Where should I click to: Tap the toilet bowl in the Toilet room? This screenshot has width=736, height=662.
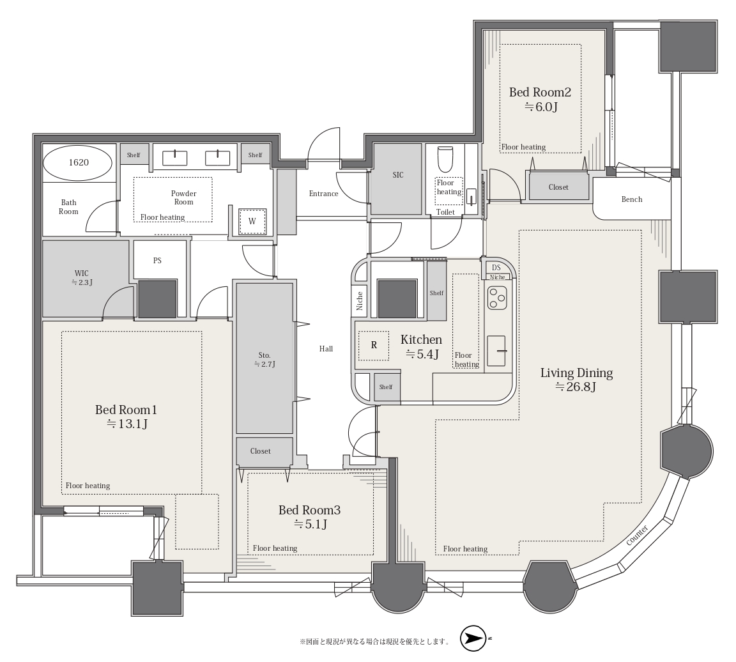(445, 160)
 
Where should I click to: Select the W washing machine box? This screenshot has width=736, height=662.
(252, 221)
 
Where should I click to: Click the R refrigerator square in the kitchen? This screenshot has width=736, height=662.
(374, 345)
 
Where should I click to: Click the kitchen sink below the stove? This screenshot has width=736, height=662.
(496, 351)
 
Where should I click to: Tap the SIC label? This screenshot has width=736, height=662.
(398, 175)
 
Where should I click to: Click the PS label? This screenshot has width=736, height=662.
(157, 261)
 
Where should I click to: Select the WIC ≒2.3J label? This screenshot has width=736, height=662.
(82, 277)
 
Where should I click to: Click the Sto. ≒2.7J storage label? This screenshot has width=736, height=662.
(264, 360)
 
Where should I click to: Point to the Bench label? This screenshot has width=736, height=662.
(632, 199)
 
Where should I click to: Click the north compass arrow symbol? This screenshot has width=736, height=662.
(473, 638)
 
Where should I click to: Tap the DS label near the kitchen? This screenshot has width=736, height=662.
(496, 268)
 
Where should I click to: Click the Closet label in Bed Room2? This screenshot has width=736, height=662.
(558, 187)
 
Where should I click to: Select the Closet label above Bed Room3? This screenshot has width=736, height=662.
(261, 451)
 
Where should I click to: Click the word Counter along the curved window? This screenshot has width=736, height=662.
(638, 535)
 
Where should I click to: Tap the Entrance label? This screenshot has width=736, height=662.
(323, 194)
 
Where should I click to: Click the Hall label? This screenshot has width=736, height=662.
(326, 348)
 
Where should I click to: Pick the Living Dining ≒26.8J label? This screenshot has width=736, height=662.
(576, 380)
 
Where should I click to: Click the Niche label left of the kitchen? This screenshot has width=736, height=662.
(360, 301)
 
